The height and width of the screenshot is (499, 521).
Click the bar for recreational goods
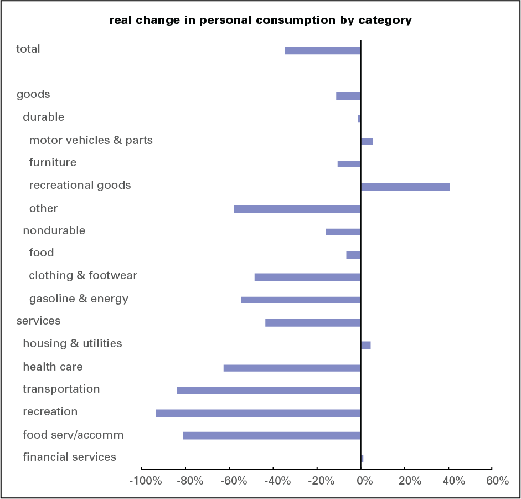coord(405,187)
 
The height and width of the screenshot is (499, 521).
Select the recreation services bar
coord(258,413)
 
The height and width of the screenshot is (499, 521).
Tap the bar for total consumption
coord(323,50)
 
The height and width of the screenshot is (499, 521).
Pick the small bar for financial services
coord(362,459)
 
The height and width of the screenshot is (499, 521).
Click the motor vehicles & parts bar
coord(367,141)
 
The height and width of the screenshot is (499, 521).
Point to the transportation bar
coord(269,390)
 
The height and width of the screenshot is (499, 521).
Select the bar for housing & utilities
coord(365,345)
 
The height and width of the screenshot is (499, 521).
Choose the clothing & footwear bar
coord(307,277)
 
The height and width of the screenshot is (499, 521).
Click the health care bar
coord(292,368)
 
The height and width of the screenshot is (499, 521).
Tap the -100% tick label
coord(146,481)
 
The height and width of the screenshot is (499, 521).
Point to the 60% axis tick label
coord(497,481)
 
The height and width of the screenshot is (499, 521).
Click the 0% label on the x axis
coord(364,481)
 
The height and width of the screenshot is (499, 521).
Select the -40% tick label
coord(277,481)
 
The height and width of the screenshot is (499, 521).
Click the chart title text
coord(260,20)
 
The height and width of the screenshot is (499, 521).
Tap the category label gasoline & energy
coord(79,299)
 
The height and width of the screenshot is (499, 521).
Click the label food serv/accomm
coord(73,435)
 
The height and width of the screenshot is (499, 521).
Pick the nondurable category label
coord(54,230)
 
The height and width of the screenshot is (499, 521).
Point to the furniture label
coord(53,162)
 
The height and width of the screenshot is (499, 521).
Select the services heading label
coord(38,321)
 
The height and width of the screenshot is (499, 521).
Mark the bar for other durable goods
coord(297,209)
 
